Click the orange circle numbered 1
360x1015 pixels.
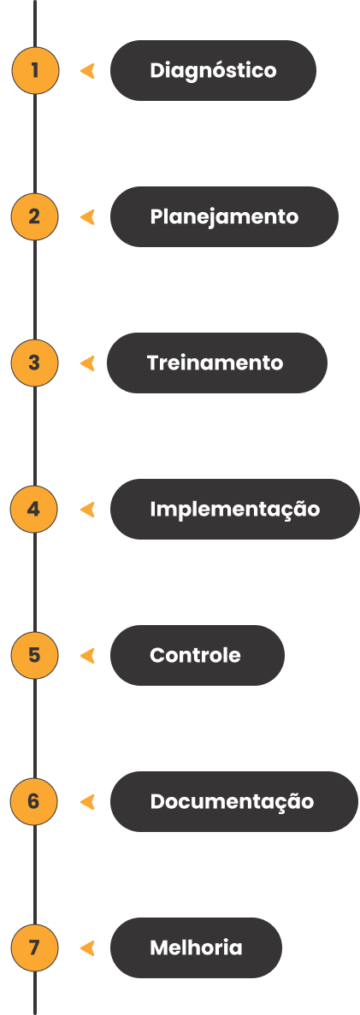tap(35, 70)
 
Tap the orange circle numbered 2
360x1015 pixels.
tap(35, 216)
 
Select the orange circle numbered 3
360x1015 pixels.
tap(35, 363)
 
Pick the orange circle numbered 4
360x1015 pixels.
tap(35, 510)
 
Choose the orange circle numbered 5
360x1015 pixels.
tap(35, 655)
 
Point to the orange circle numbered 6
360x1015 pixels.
tap(35, 801)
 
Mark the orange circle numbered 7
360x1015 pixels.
tap(35, 947)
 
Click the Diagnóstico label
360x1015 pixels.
tap(213, 70)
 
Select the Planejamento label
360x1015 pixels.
tap(224, 216)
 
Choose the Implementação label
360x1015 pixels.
tap(234, 510)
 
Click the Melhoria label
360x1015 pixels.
tap(196, 947)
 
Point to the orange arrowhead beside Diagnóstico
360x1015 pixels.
tap(88, 71)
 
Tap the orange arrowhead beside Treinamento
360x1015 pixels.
tap(88, 363)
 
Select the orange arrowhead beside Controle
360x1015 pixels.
tap(88, 656)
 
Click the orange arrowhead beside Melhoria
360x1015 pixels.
tap(88, 948)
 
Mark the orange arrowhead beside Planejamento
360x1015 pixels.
tap(88, 217)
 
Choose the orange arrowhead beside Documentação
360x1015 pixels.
tap(88, 802)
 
